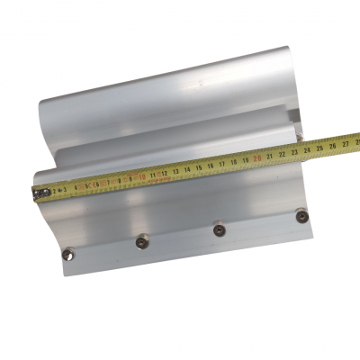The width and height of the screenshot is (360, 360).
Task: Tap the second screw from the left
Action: point(141,241)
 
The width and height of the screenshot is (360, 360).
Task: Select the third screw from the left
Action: point(219,229)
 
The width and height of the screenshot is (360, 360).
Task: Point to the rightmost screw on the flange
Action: point(301,216)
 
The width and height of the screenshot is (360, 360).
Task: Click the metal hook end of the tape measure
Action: point(40,193)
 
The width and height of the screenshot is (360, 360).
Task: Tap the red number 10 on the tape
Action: point(143,176)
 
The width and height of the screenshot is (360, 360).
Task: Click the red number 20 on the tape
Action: point(258,157)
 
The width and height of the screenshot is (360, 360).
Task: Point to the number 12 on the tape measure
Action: point(166,173)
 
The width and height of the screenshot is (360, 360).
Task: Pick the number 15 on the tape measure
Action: point(200,167)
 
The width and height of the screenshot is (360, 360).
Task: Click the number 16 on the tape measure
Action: point(211,166)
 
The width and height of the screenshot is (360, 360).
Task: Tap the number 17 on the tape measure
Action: point(223,164)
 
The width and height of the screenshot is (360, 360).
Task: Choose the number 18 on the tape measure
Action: point(235,162)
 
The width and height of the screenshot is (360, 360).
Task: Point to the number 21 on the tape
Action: point(271,156)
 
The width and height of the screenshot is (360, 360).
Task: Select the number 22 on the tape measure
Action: point(283,154)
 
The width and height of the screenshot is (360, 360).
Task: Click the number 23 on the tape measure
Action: point(295,151)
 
